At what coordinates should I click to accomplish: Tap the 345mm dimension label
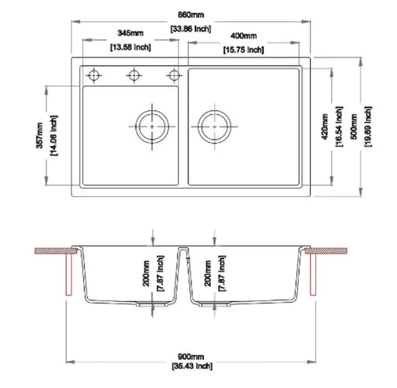click(130, 34)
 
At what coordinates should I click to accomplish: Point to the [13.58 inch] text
click(130, 47)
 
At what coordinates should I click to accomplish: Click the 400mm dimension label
click(243, 36)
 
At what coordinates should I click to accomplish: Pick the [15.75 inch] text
click(243, 50)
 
